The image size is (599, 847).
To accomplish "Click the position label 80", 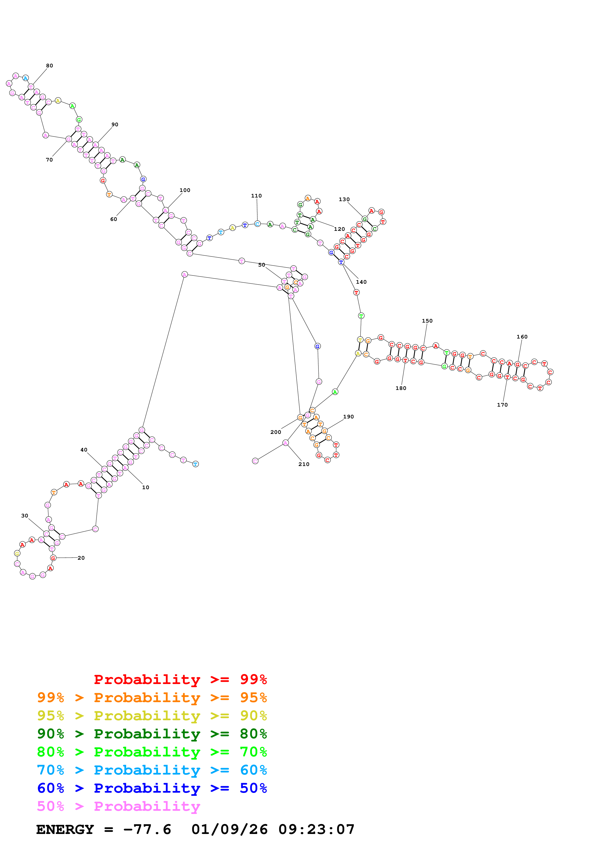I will (x=50, y=66).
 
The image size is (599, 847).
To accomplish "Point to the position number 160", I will (x=522, y=337).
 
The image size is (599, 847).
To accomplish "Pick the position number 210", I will (x=304, y=464).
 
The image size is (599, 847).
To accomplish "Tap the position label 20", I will (x=81, y=558).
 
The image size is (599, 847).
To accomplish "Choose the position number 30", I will (x=25, y=516).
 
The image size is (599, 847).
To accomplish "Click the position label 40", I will (x=84, y=450).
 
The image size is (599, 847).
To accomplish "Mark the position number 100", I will (x=185, y=190).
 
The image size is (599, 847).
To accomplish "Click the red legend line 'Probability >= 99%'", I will (x=180, y=679).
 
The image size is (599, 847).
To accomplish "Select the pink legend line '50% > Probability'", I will (x=118, y=806).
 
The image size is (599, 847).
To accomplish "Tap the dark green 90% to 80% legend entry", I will (x=152, y=734).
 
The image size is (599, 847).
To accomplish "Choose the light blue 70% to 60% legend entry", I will (x=152, y=770).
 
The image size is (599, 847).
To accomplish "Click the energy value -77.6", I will (x=147, y=829).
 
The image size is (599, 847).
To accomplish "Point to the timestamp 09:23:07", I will (x=316, y=829).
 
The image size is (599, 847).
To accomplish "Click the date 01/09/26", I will (x=229, y=829).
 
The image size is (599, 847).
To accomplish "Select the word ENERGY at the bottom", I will (x=65, y=829).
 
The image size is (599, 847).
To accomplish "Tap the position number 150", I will (x=427, y=321).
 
